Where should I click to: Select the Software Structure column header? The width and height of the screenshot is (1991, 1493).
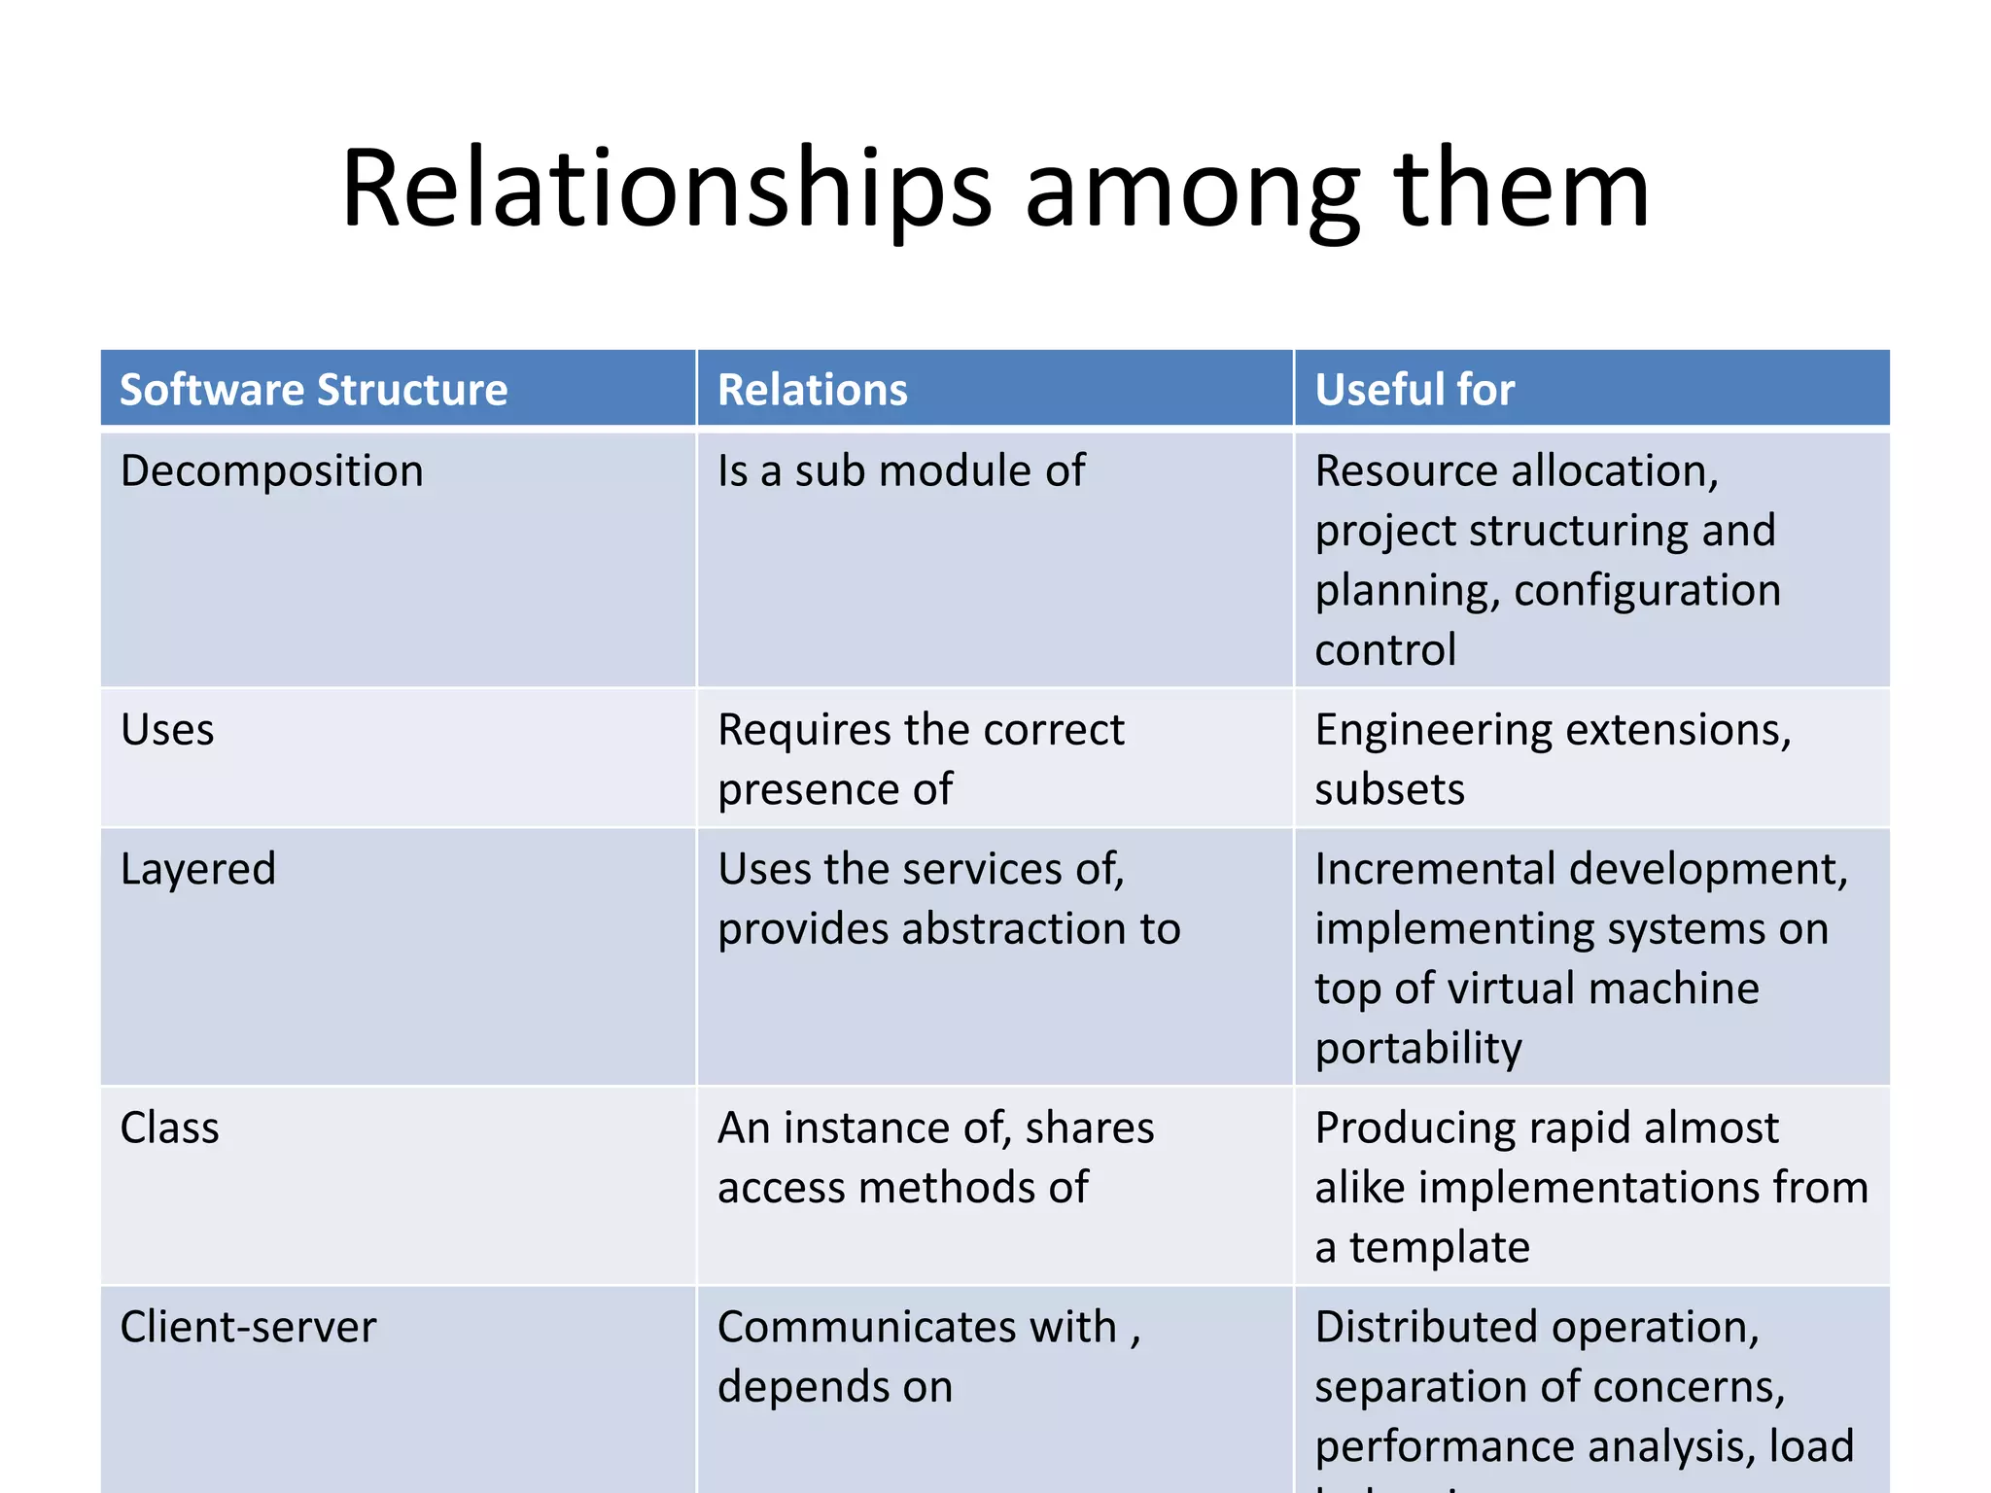point(313,390)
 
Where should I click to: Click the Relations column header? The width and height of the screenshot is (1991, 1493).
point(812,390)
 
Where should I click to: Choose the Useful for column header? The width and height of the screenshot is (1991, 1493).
point(1415,390)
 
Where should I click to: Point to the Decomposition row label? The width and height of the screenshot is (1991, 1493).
point(272,471)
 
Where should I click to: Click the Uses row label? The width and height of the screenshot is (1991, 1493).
point(167,730)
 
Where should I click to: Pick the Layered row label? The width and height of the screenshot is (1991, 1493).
point(198,869)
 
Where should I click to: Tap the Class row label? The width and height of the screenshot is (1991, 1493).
point(170,1128)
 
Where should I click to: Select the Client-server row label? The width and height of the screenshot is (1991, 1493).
point(248,1327)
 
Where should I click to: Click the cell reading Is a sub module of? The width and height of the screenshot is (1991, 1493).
point(901,471)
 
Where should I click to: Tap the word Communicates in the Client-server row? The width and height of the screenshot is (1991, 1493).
point(864,1327)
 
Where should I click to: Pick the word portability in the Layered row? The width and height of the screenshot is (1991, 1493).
point(1418,1049)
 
